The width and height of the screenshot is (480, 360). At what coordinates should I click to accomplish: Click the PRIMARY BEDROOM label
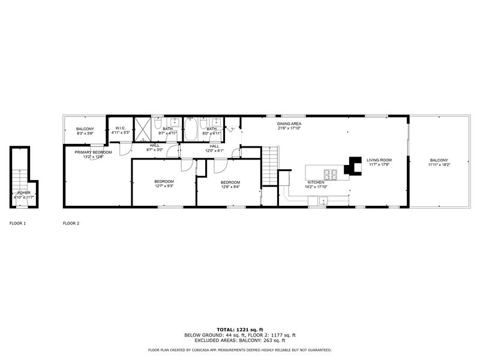[93, 152]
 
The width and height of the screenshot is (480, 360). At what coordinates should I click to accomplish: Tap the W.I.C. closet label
[120, 128]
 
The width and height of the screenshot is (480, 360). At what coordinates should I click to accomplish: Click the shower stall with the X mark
[143, 128]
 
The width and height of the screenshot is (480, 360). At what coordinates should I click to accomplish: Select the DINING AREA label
[289, 124]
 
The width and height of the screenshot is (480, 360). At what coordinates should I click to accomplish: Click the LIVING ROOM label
[379, 160]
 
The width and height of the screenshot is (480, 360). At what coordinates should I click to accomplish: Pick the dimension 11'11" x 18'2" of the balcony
[439, 164]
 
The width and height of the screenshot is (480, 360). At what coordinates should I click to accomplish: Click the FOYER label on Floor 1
[23, 193]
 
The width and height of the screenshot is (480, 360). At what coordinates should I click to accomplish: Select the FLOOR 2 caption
[71, 223]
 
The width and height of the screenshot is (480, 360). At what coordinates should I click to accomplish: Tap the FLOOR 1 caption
[17, 223]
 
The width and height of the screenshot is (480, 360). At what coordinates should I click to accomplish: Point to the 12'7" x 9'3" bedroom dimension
[164, 186]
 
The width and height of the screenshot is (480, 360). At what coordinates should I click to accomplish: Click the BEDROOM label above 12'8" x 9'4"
[230, 182]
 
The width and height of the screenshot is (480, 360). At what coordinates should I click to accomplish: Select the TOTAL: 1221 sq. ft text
[239, 330]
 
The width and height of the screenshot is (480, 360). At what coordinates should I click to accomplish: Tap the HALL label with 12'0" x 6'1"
[214, 146]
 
